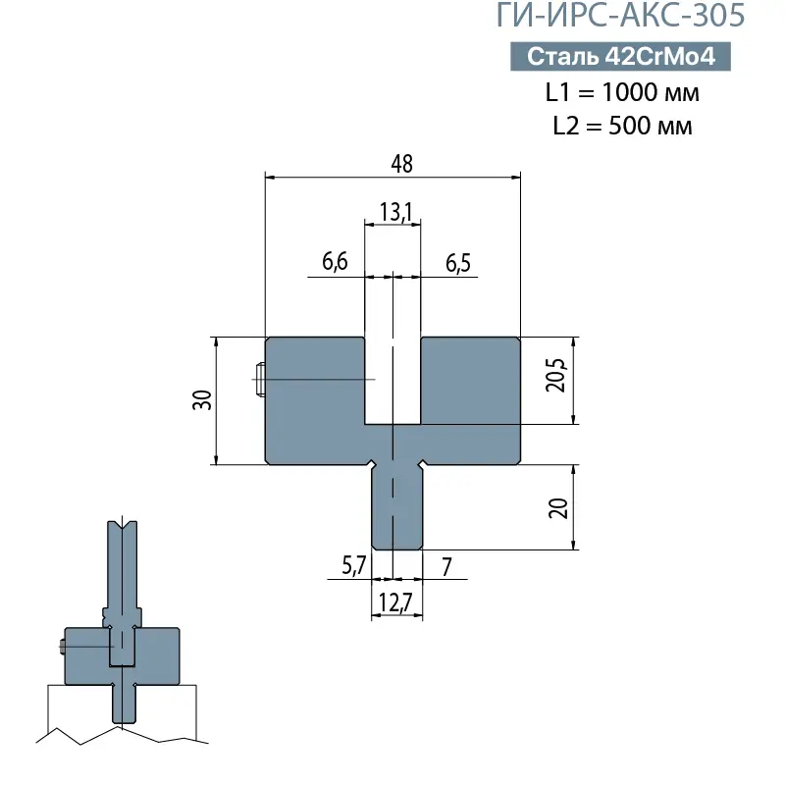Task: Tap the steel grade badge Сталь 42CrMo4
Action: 622,57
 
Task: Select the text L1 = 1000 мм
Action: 622,94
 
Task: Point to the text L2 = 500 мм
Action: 622,127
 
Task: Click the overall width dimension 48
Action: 401,164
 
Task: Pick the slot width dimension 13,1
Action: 393,209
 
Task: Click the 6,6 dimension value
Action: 336,263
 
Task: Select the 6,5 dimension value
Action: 457,263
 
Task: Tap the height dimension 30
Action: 202,399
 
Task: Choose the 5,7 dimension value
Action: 354,565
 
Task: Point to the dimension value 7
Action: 446,565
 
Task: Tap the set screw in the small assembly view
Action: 62,647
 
